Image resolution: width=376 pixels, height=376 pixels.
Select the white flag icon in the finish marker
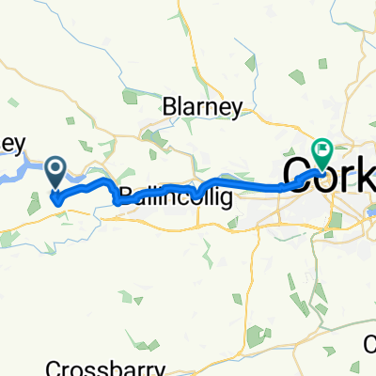click(321, 148)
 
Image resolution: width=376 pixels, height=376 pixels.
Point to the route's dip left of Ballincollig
click(117, 199)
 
